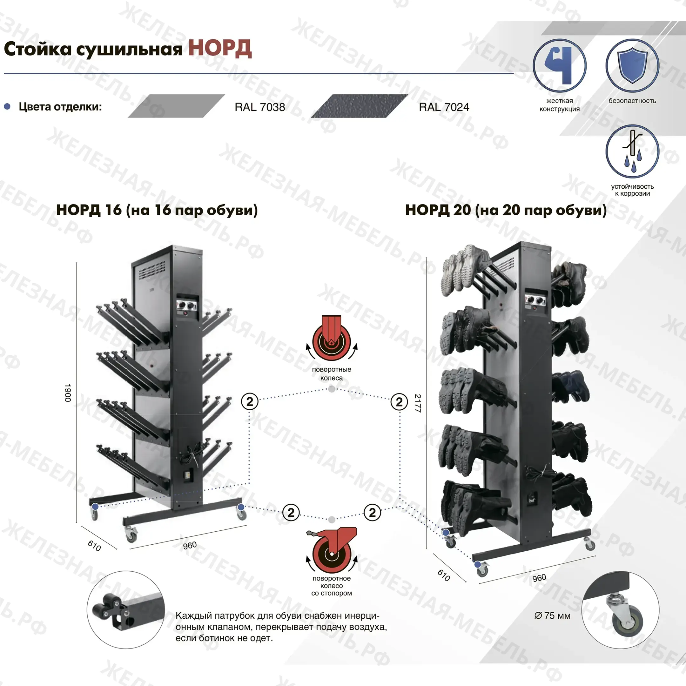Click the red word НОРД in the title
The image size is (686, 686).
220,49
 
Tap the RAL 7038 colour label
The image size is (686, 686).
259,107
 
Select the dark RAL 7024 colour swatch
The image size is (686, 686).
359,106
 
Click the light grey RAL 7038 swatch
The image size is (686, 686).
176,106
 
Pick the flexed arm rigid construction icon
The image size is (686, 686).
559,66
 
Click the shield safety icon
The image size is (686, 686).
632,66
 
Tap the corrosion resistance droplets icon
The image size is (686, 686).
632,151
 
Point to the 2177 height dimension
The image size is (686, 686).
418,403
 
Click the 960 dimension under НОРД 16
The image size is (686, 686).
190,545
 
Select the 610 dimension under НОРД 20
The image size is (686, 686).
444,575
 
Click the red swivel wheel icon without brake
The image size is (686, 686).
332,338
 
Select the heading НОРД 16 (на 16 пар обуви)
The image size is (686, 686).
157,210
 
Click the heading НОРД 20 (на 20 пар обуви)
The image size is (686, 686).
506,210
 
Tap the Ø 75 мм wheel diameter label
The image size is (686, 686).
552,616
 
